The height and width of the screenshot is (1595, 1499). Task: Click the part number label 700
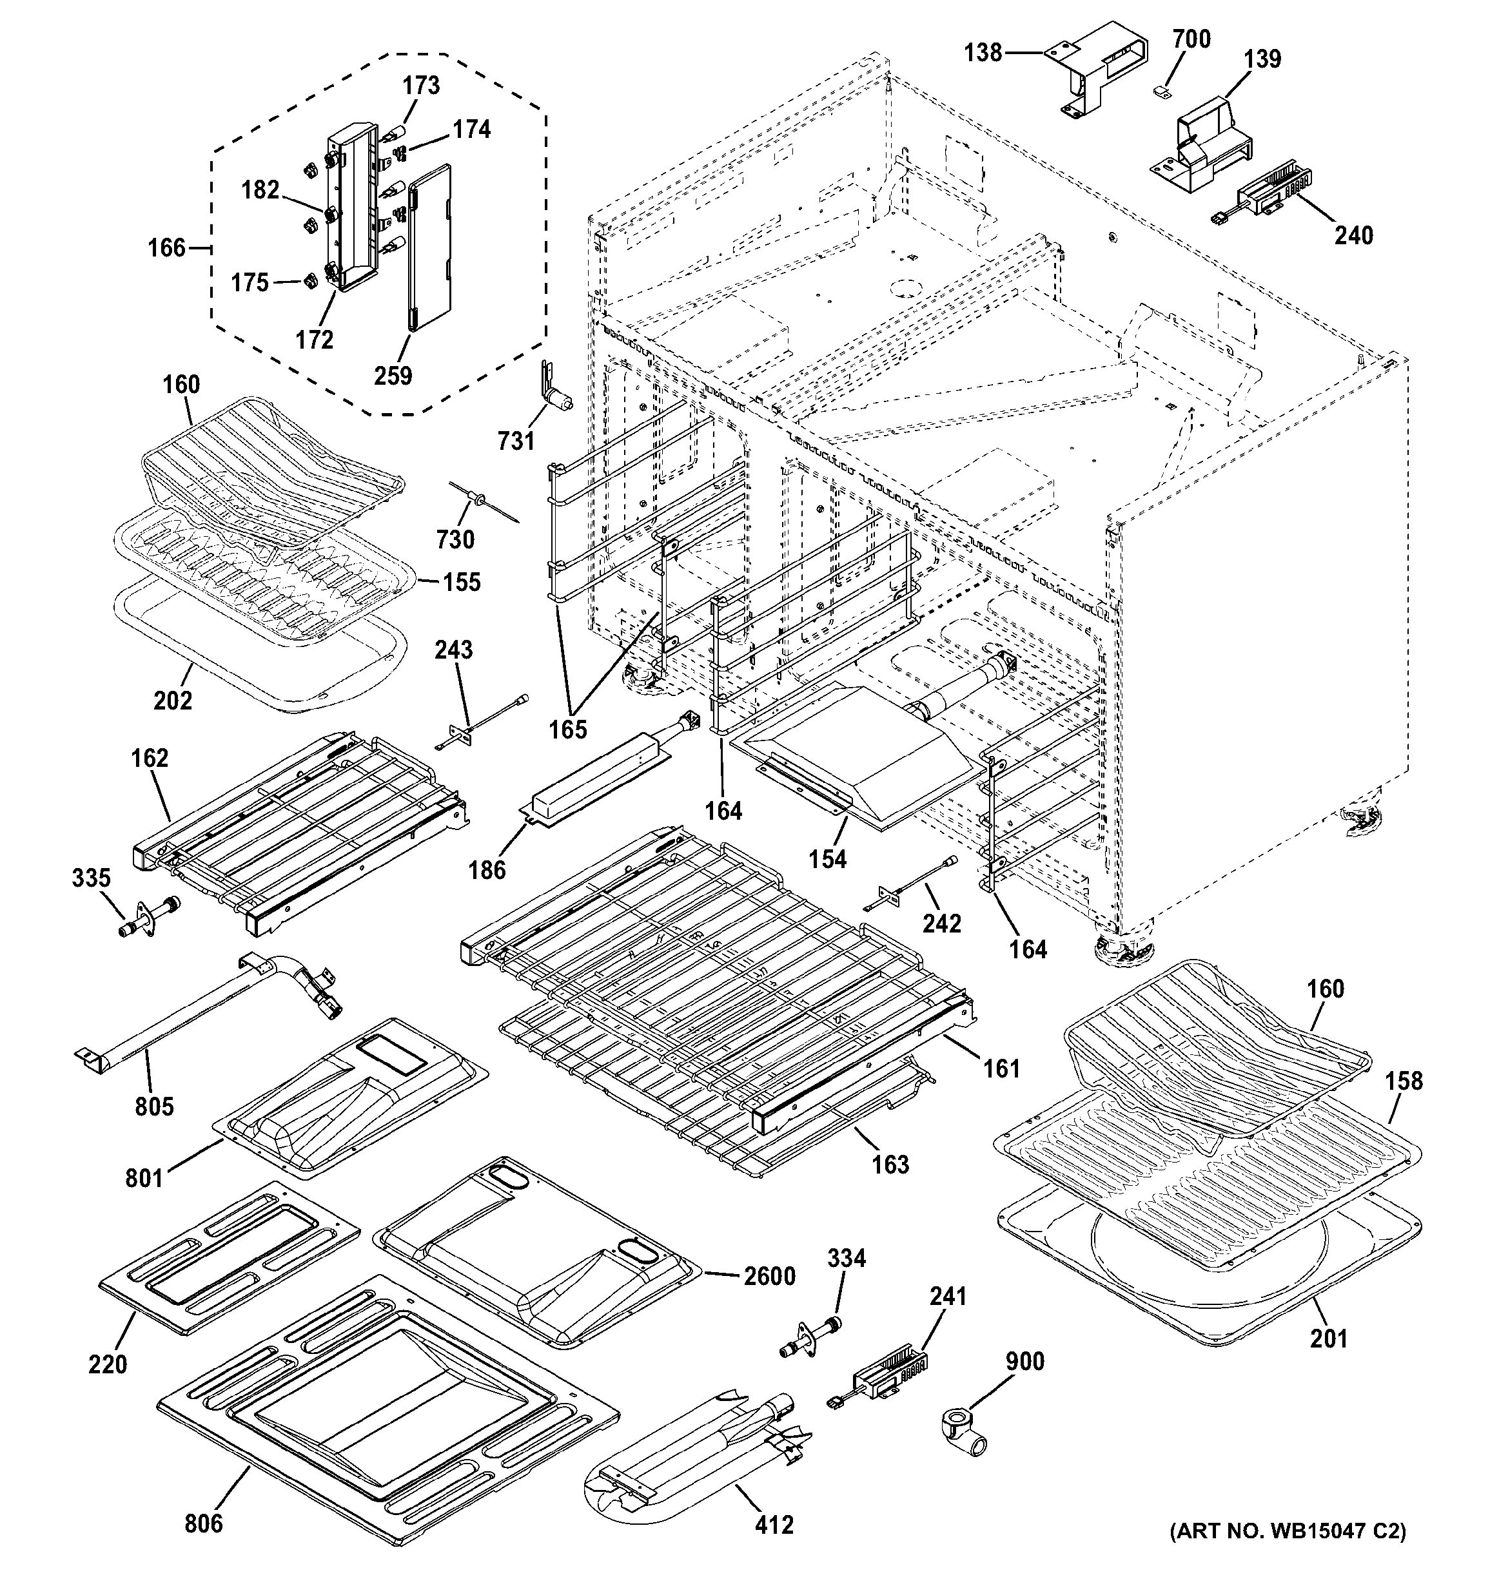tap(1191, 39)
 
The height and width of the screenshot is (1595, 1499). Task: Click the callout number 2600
tap(769, 1276)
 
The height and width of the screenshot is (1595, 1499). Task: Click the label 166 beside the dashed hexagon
tap(167, 248)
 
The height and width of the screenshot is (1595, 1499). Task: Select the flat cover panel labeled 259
tap(430, 246)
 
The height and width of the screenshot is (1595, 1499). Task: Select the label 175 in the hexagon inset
tap(250, 282)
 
